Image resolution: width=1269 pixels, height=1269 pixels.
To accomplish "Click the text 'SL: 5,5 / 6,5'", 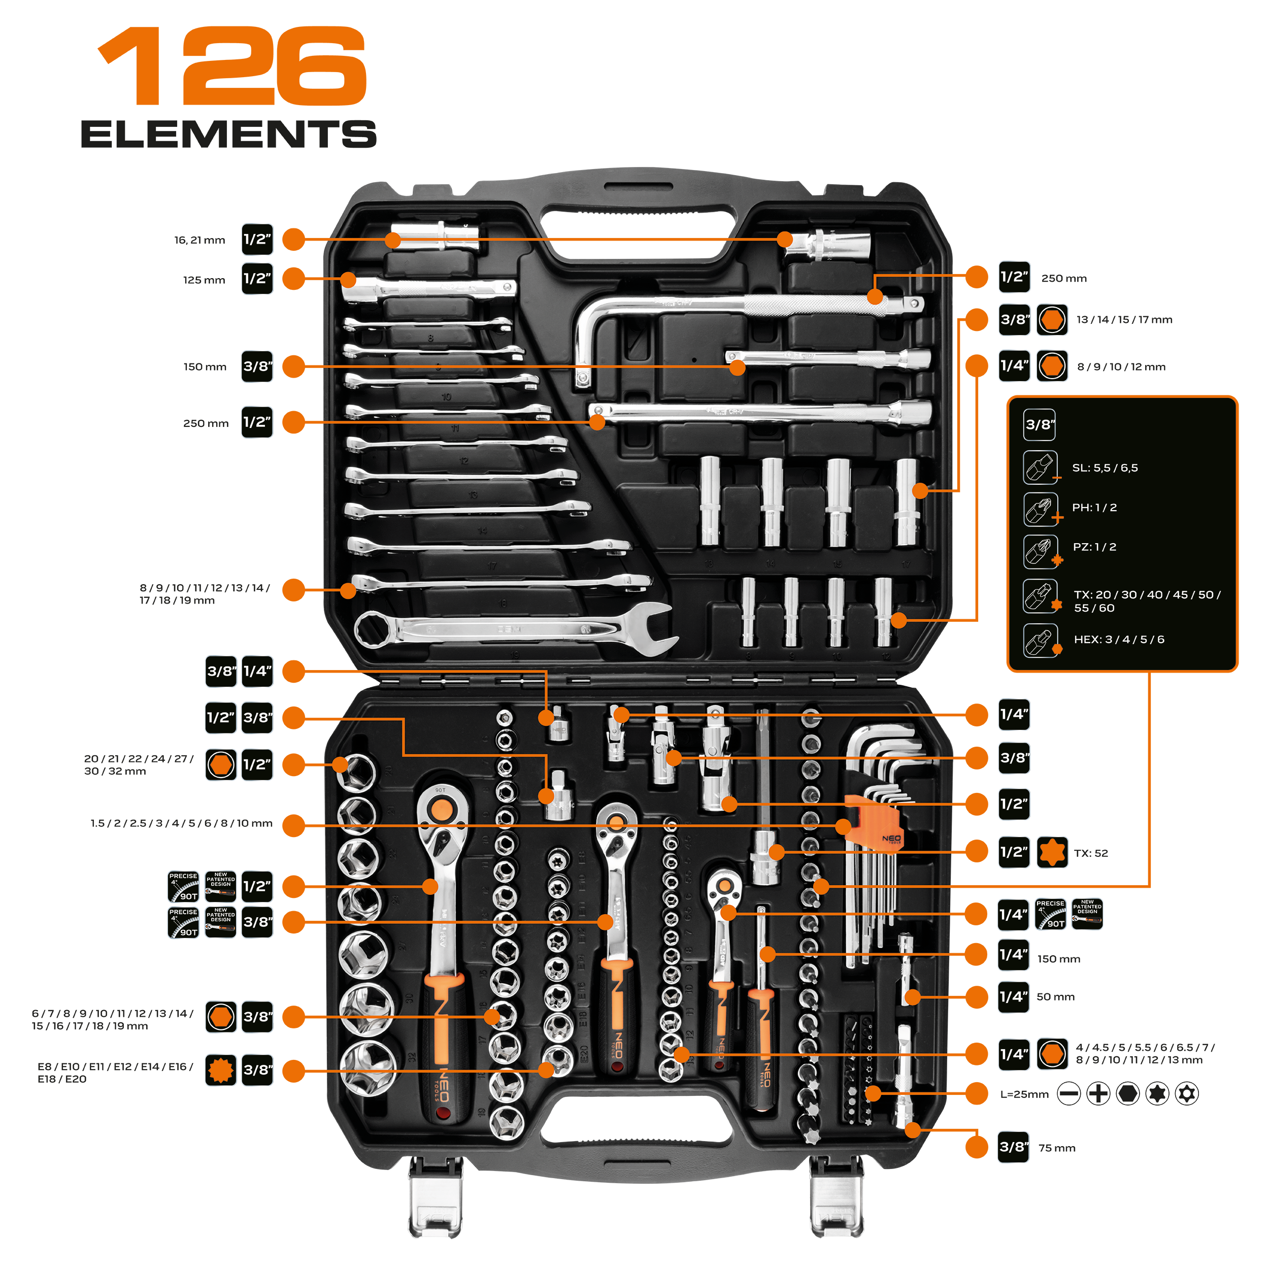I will (x=1105, y=469).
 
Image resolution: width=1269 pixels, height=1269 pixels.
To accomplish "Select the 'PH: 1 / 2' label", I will (x=1094, y=508).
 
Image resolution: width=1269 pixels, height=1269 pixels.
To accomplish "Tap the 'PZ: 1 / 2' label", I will (x=1094, y=547).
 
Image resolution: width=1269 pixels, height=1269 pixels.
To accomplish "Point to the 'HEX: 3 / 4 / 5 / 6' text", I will (x=1119, y=640).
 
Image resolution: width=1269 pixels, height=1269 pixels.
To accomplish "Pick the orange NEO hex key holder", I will (x=874, y=822).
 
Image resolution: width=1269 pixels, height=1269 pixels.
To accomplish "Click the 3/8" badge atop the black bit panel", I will (x=1039, y=425).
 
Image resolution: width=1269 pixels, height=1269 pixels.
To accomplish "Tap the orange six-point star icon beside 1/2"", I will (x=1052, y=853).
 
